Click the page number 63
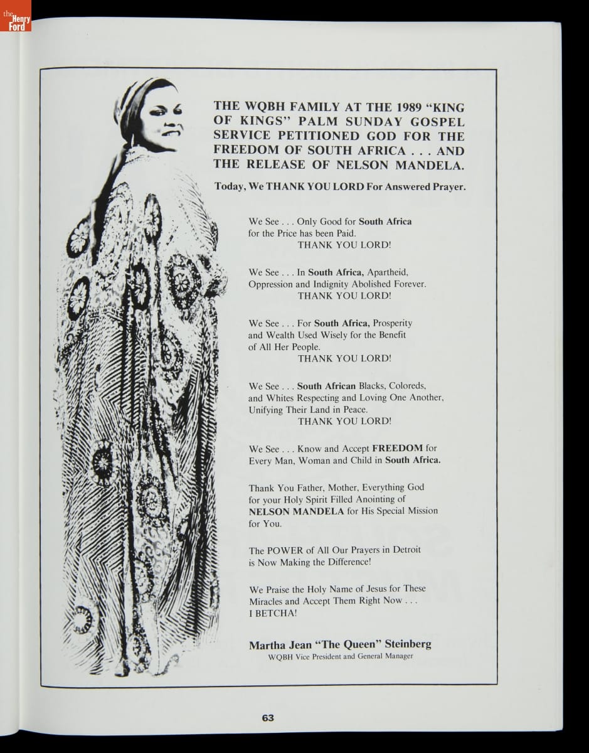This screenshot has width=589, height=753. pos(268,718)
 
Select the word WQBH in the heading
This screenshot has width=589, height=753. pos(263,107)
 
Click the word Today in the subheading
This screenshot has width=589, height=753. pos(231,186)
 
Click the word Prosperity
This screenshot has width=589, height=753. pos(393,323)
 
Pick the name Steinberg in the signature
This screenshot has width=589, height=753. pos(408,644)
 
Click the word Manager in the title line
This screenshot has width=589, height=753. pos(398,656)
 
